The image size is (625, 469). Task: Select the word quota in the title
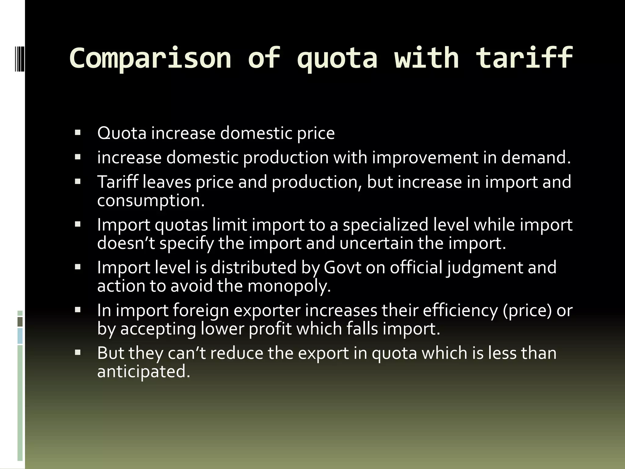(x=337, y=59)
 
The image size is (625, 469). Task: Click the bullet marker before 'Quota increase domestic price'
(x=78, y=133)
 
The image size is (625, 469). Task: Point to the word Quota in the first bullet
(x=122, y=133)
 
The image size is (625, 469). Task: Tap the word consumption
(x=151, y=201)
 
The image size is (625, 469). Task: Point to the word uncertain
(x=376, y=243)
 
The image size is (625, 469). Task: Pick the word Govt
(x=342, y=267)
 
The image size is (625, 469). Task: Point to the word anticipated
(x=143, y=372)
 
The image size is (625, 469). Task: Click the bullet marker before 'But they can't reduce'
(x=78, y=353)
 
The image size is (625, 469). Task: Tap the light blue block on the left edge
(x=20, y=336)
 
